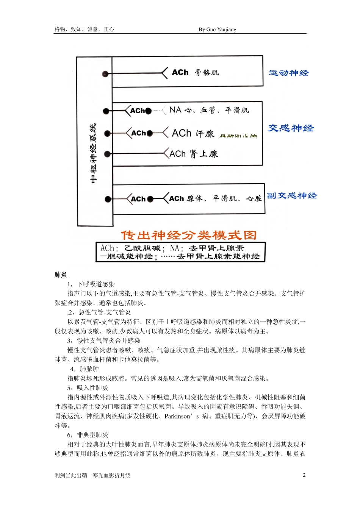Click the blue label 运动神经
point(288,73)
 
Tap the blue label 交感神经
point(291,128)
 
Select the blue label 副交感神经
point(292,196)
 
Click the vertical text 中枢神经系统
point(94,153)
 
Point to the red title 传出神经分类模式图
point(189,235)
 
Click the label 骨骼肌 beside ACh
point(207,72)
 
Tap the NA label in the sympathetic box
point(175,110)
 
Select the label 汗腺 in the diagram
point(205,133)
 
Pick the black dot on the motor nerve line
point(105,74)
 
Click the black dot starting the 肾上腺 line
point(107,154)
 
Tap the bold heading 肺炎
point(61,275)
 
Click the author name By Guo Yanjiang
point(217,30)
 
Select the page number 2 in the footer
point(304,475)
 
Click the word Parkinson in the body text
point(177,416)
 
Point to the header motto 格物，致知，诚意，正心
point(84,29)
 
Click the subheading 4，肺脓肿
point(84,369)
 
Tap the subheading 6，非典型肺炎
point(88,435)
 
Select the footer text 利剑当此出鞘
point(71,475)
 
